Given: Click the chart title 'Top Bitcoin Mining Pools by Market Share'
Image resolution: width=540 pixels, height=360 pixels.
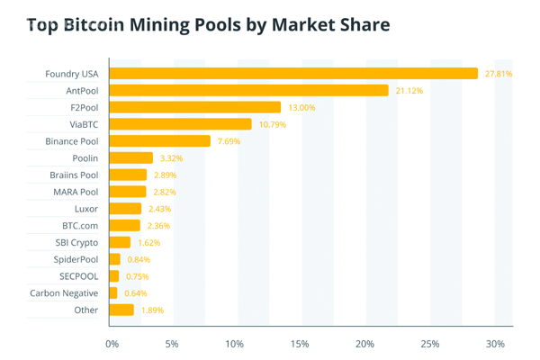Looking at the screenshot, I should tap(209, 24).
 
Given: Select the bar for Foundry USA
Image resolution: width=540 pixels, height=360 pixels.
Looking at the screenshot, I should tap(293, 73).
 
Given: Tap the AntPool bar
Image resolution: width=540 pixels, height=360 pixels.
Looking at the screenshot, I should tap(248, 90).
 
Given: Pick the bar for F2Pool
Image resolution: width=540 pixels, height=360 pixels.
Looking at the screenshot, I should tap(195, 107).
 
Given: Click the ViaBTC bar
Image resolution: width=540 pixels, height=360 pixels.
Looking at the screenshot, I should tap(180, 124).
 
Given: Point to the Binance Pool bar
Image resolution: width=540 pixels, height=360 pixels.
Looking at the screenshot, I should tap(159, 141).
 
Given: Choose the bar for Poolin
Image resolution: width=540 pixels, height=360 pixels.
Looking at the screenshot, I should tap(130, 158).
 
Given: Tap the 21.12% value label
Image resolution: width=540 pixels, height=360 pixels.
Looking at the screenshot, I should tap(409, 91).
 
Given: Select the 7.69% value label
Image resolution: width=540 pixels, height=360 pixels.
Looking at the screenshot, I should tap(229, 141).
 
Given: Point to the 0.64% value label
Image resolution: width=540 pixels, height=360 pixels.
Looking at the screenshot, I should tap(133, 293).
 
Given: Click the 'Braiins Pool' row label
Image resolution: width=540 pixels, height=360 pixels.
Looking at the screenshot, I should tap(74, 175).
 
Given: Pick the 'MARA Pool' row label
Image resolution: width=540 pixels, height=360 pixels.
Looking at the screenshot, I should tap(76, 192).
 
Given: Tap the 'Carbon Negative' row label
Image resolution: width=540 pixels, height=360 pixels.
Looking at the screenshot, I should tap(64, 293).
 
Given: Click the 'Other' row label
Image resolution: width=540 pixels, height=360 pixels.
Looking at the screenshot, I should tap(86, 310).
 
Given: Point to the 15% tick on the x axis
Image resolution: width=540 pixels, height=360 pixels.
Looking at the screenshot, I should tap(301, 344).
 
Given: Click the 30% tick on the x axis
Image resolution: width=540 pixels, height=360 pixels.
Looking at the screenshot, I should tap(495, 344).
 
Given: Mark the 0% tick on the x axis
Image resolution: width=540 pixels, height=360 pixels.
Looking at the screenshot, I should tap(112, 344).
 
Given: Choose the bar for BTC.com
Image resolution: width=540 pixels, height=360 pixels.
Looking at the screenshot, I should tap(125, 225).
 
